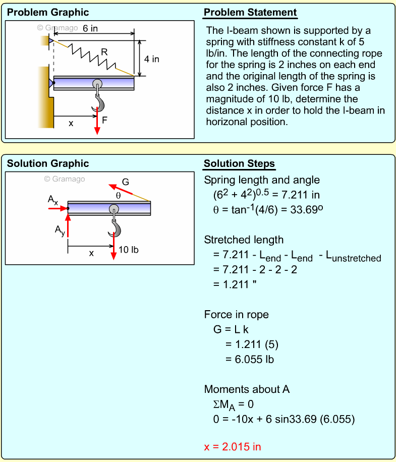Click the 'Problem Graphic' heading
click(48, 13)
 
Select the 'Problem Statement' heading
click(250, 13)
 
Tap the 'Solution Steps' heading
click(239, 164)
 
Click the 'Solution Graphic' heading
click(48, 164)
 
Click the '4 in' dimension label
click(151, 59)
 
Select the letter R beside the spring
click(104, 51)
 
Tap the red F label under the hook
click(104, 120)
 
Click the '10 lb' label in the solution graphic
click(129, 249)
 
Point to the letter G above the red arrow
click(126, 182)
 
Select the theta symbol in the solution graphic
click(118, 195)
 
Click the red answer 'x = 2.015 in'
click(233, 446)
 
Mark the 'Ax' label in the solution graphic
click(53, 200)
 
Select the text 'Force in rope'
click(236, 315)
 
